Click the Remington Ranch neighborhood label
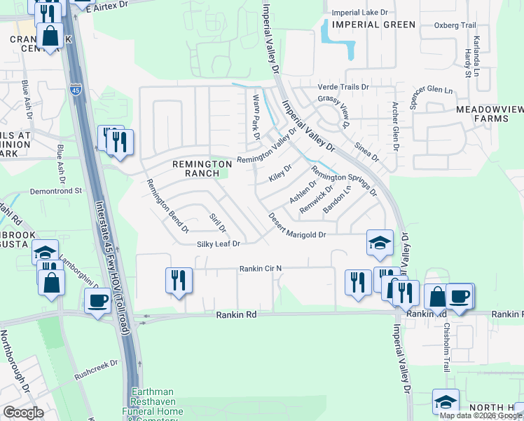202,168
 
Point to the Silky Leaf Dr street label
218,244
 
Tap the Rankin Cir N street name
260,268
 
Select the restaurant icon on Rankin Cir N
178,280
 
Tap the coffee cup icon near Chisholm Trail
460,295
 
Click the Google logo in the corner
22,412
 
